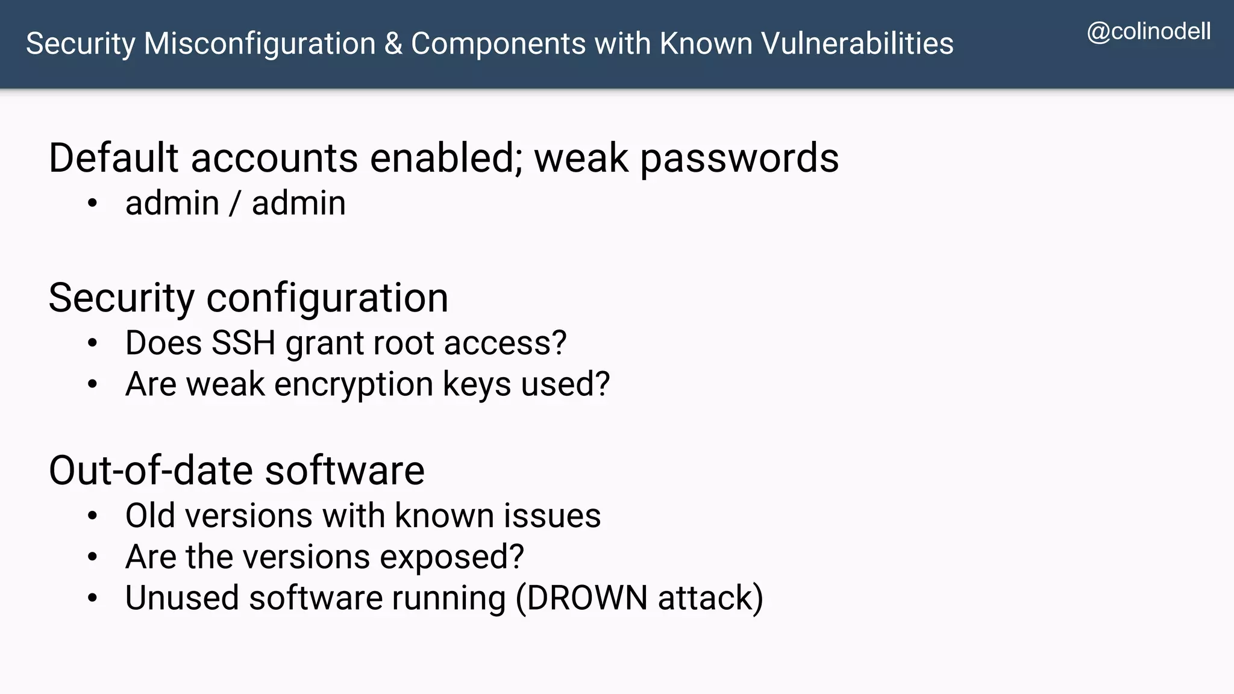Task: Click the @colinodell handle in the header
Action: click(x=1148, y=31)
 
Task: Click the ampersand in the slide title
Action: click(x=393, y=43)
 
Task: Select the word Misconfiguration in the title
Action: click(x=260, y=43)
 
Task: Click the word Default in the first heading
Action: click(x=113, y=158)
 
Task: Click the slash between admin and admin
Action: click(x=235, y=204)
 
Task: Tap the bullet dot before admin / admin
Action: click(x=92, y=204)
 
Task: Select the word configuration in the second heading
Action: click(x=327, y=298)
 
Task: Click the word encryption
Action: click(x=354, y=385)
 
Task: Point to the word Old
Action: click(x=151, y=516)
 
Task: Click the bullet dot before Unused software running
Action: click(x=92, y=598)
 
